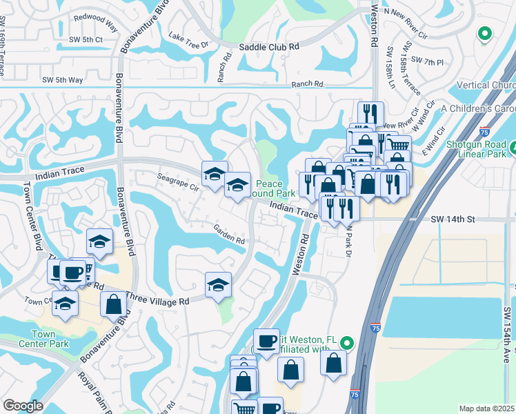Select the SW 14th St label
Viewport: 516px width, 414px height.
coord(453,219)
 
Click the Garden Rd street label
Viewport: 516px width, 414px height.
coord(229,237)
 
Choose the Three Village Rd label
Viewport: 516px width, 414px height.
coord(157,301)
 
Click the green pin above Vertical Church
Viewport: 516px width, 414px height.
coord(484,32)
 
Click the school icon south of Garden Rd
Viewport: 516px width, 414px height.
coord(218,284)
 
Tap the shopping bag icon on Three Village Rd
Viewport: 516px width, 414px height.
coord(113,304)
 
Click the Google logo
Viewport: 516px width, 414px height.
coord(23,406)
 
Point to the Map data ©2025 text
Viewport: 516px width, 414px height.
coord(487,408)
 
